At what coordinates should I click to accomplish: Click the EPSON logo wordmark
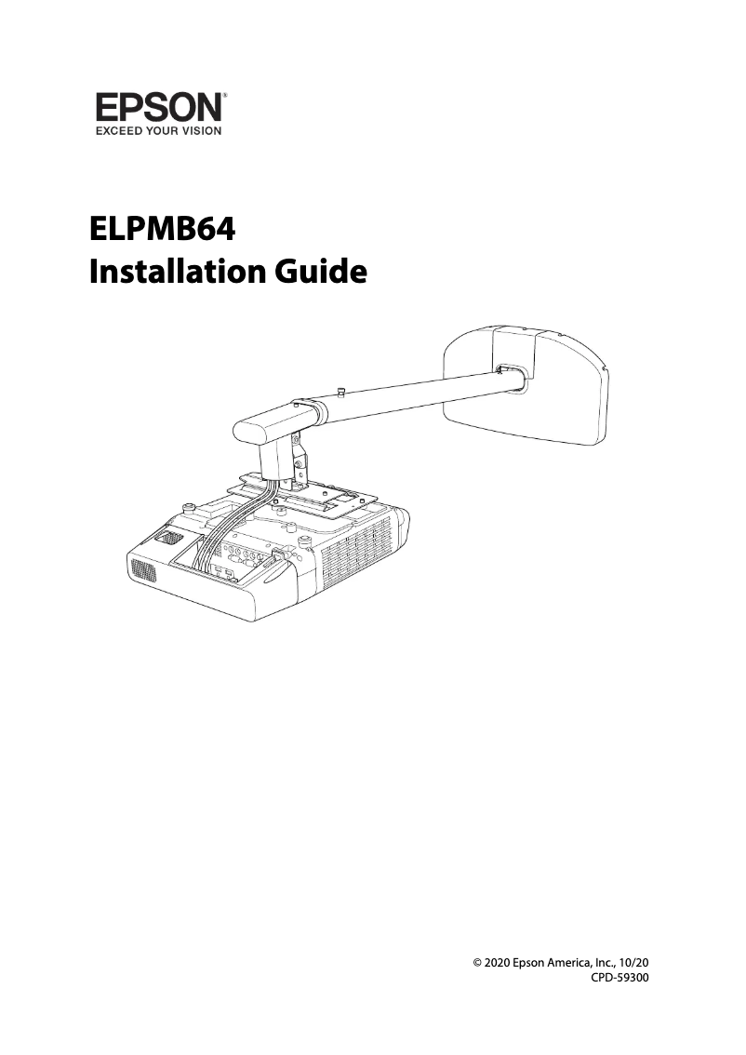coord(157,108)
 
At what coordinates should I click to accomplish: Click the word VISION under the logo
coord(200,131)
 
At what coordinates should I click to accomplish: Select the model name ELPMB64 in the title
coord(162,229)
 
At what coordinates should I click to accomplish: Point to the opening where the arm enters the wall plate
coord(511,375)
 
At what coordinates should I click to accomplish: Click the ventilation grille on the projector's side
coord(358,558)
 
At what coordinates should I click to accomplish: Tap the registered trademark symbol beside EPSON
coord(225,95)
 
